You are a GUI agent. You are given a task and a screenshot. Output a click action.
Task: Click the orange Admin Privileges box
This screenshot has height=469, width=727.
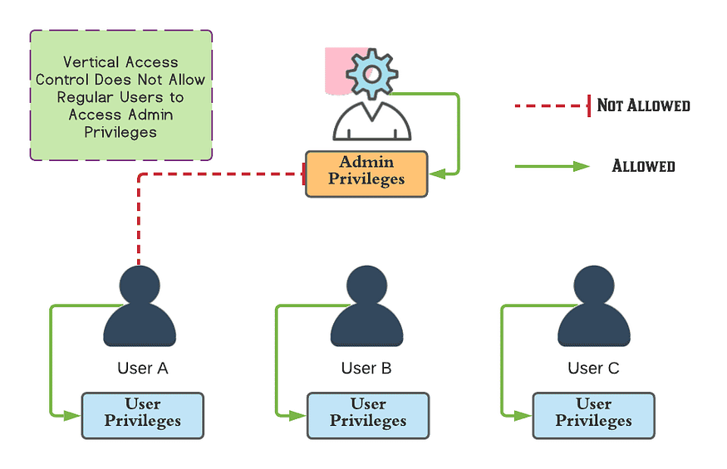366,173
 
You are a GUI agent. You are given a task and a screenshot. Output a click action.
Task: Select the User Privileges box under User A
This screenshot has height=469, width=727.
142,415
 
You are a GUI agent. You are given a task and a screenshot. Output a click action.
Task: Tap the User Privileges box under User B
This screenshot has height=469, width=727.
368,415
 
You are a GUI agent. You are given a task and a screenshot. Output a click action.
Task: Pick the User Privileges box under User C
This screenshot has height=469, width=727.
593,415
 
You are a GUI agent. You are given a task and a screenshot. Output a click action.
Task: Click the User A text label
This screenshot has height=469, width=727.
142,368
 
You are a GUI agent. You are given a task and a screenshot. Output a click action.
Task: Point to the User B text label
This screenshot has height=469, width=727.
366,368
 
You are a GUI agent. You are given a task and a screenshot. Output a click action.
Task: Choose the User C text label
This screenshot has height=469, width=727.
593,368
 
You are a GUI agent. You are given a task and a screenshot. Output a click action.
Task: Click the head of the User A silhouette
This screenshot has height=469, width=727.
140,286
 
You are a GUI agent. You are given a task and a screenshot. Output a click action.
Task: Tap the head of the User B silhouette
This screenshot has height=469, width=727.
366,286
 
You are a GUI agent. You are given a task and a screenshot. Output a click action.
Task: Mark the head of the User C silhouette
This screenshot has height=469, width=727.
593,286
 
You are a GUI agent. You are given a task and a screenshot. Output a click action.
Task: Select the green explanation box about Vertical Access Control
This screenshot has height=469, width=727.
121,95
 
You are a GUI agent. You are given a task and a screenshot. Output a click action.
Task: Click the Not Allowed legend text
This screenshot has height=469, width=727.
643,105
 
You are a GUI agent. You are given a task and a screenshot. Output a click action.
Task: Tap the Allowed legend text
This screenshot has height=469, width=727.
643,166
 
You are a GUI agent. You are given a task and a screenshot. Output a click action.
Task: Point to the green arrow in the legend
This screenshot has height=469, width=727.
553,166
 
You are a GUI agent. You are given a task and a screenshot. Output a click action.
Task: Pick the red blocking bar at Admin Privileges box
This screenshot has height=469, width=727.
303,174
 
